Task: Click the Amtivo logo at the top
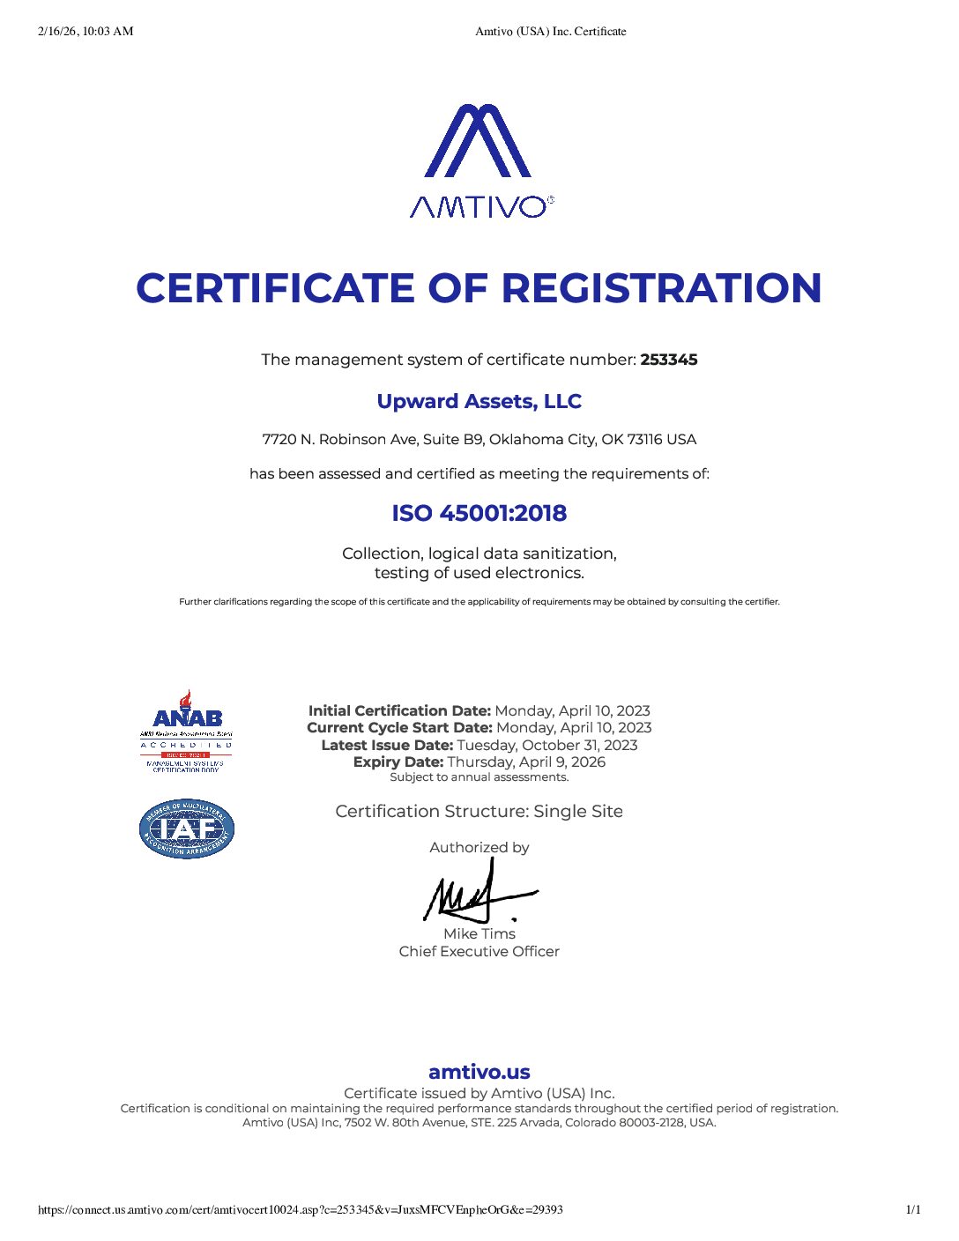[x=479, y=160]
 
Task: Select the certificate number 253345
[x=669, y=360]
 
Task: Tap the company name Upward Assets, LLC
[x=479, y=402]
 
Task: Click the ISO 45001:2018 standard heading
[x=479, y=513]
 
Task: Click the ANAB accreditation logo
[x=186, y=731]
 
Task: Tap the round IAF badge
[x=186, y=829]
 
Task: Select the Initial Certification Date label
[x=399, y=710]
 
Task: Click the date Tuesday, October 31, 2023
[x=546, y=745]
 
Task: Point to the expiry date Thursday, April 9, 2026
[x=526, y=762]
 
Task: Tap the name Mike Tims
[x=479, y=933]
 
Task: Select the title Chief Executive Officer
[x=479, y=952]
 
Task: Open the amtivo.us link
[x=479, y=1072]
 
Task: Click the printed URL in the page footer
[x=301, y=1209]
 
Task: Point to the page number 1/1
[x=913, y=1209]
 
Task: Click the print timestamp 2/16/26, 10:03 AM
[x=85, y=32]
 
